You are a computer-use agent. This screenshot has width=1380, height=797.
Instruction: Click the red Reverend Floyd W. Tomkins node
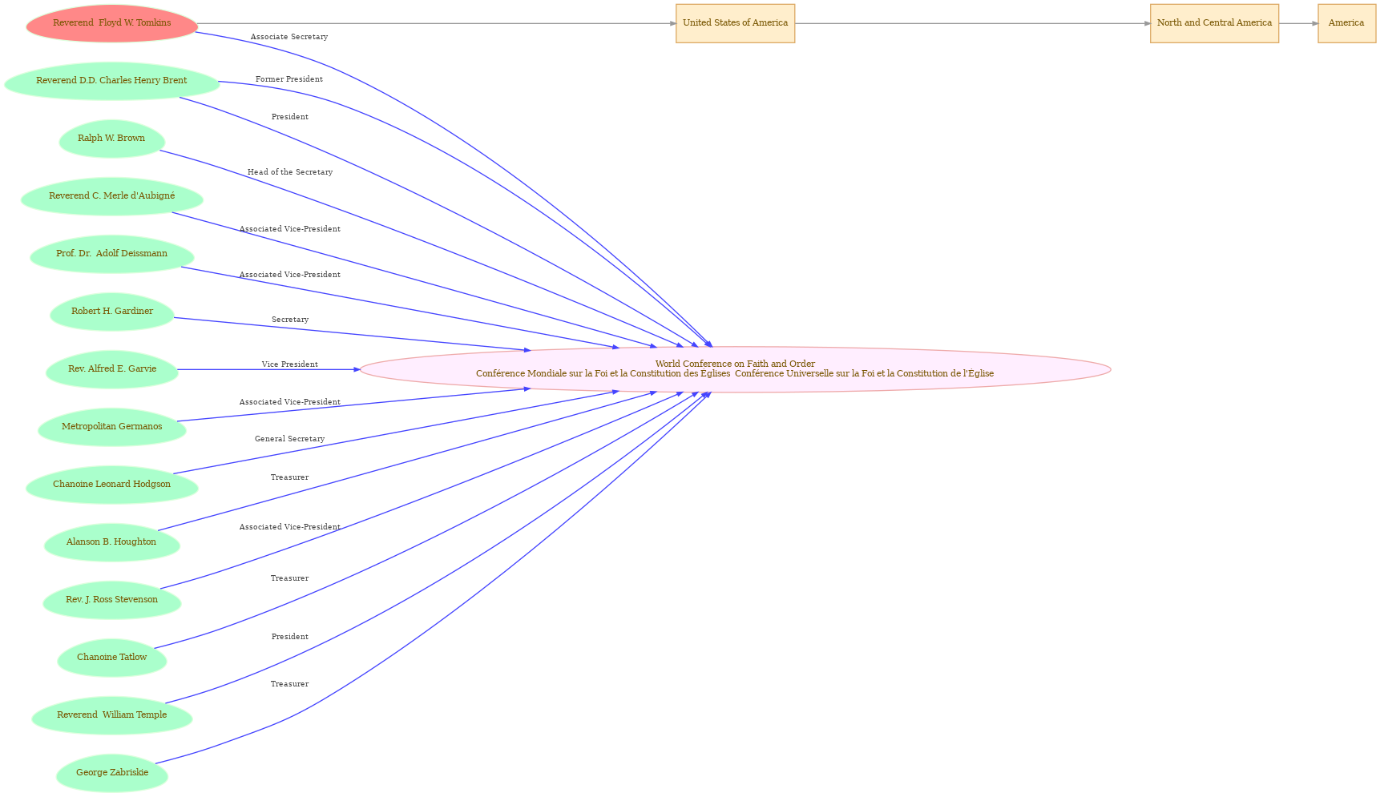click(x=112, y=23)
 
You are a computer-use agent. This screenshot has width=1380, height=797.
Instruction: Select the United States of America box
click(x=735, y=23)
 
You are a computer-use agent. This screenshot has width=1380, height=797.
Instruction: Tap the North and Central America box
click(x=1214, y=23)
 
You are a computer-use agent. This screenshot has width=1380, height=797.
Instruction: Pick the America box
click(x=1346, y=23)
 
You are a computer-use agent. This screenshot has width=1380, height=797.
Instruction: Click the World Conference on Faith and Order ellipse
click(x=735, y=369)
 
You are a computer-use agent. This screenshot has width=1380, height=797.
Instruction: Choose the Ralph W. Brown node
click(x=112, y=139)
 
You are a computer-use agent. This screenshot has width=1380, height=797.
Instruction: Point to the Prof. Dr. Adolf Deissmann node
click(x=112, y=254)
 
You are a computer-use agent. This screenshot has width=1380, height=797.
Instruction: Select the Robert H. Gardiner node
click(x=112, y=312)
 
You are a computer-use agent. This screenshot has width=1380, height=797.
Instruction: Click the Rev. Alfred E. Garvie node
click(x=112, y=369)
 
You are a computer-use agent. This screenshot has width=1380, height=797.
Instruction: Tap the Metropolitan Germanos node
click(x=112, y=427)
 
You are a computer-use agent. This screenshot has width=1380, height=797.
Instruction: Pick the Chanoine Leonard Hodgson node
click(x=112, y=485)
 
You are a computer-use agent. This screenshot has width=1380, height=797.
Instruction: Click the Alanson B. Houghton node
click(x=112, y=542)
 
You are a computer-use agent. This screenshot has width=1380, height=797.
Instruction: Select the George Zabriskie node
click(x=112, y=773)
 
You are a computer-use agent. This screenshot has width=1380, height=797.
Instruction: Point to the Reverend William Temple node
click(x=112, y=715)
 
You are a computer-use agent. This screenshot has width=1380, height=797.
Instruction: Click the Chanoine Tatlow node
click(x=112, y=658)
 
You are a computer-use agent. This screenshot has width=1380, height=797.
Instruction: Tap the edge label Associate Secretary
click(x=289, y=37)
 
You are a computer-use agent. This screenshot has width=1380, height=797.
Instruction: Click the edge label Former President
click(x=289, y=79)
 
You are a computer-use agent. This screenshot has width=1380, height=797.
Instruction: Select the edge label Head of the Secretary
click(x=290, y=172)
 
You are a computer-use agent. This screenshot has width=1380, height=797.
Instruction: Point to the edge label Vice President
click(x=290, y=364)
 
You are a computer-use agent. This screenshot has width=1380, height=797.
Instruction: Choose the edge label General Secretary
click(x=290, y=439)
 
